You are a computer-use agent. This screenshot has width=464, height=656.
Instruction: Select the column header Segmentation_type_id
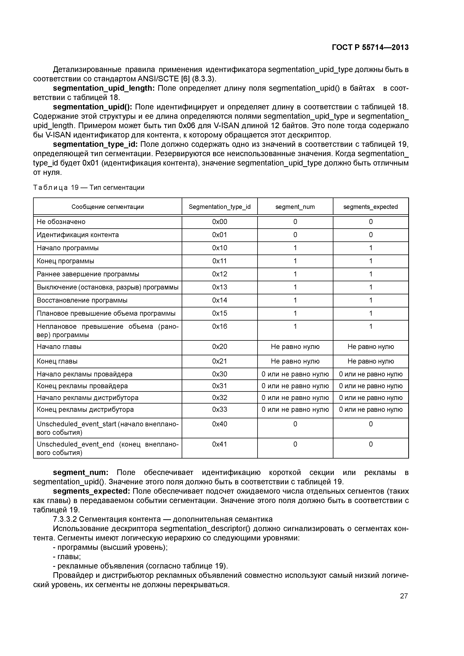pyautogui.click(x=220, y=207)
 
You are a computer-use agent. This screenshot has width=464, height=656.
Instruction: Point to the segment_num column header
pyautogui.click(x=295, y=207)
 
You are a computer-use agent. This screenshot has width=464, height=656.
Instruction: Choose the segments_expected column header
pyautogui.click(x=370, y=207)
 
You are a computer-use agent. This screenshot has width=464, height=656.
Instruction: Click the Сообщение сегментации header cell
pyautogui.click(x=108, y=207)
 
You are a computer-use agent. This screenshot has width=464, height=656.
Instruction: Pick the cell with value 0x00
pyautogui.click(x=220, y=222)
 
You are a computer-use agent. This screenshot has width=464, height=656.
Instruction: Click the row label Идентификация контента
pyautogui.click(x=78, y=235)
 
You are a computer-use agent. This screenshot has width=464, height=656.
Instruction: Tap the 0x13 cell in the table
pyautogui.click(x=220, y=287)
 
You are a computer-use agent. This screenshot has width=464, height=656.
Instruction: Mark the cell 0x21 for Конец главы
pyautogui.click(x=220, y=361)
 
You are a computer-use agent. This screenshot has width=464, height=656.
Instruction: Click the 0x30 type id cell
pyautogui.click(x=220, y=374)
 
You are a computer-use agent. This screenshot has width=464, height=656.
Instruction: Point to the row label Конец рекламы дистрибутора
pyautogui.click(x=85, y=409)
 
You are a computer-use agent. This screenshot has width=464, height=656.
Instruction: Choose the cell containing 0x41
pyautogui.click(x=220, y=444)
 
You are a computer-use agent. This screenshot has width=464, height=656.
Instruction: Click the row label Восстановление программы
pyautogui.click(x=82, y=300)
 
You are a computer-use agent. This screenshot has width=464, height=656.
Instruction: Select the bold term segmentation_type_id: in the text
pyautogui.click(x=95, y=144)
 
